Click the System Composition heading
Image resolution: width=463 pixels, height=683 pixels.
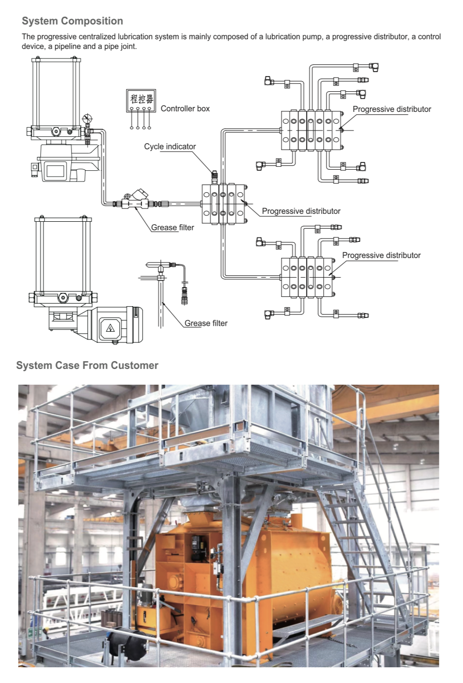(x=72, y=21)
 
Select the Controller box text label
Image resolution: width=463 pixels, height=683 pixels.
(x=185, y=109)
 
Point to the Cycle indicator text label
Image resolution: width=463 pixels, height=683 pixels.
(x=170, y=147)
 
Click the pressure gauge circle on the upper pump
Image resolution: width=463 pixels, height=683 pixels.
(x=88, y=118)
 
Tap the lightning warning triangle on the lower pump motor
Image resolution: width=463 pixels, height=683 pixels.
(x=110, y=328)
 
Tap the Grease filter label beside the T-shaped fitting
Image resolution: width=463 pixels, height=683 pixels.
(x=206, y=323)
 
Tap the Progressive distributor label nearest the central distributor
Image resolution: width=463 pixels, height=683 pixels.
(x=301, y=211)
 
